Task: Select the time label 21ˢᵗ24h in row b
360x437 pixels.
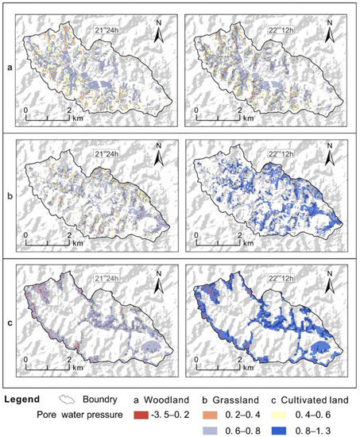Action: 106,151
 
